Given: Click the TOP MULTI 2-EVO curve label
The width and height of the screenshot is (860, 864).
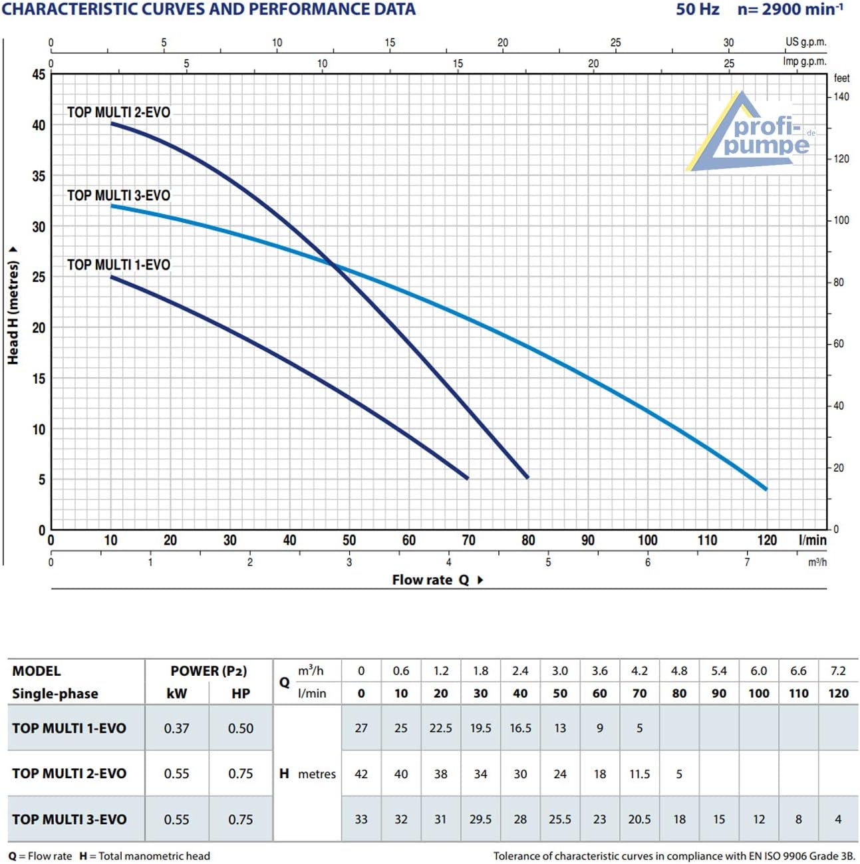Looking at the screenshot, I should [118, 112].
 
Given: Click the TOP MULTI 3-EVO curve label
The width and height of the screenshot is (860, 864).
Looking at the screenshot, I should [118, 196].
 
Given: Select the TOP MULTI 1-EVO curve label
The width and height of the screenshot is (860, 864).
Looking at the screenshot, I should [118, 265].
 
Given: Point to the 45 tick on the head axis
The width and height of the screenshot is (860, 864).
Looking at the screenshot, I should [39, 74].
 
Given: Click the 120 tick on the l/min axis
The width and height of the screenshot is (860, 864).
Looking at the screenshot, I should [767, 540].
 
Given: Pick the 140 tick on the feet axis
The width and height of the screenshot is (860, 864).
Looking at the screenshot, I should [841, 97].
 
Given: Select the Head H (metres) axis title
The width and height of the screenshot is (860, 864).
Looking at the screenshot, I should [13, 311].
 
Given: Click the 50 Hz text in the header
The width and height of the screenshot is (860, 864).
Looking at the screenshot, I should [698, 9].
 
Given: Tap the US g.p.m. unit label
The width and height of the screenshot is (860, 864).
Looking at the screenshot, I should [805, 42].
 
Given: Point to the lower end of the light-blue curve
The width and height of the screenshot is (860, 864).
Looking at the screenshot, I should [766, 489].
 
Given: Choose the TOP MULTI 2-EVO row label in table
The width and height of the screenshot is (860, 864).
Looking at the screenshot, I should [69, 774].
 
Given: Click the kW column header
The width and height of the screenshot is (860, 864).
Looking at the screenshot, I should [176, 693].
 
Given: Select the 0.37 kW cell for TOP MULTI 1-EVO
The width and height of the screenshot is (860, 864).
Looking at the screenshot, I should [176, 728].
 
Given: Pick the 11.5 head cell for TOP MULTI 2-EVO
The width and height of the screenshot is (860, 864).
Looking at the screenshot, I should [639, 774].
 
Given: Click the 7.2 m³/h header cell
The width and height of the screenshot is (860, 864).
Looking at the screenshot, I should [838, 671].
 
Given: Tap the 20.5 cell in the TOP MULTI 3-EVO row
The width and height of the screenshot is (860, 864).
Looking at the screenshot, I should [639, 819].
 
